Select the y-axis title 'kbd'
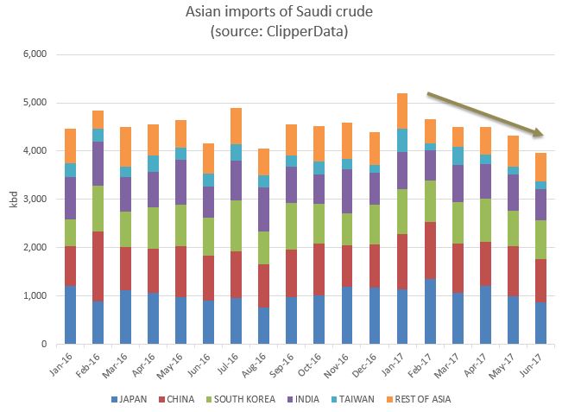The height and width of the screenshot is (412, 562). pos(12,200)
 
